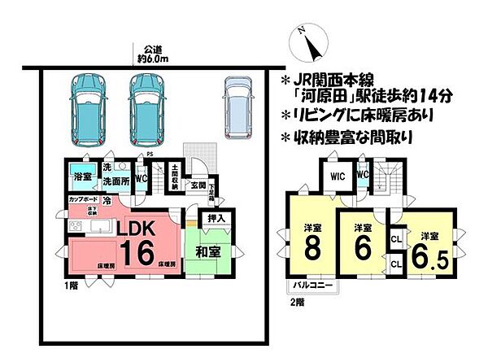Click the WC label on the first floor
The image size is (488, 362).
[x=141, y=176]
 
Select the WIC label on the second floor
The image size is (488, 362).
[x=338, y=174]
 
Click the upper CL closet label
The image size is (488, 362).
[x=396, y=239]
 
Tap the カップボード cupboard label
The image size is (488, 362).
[x=84, y=199]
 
